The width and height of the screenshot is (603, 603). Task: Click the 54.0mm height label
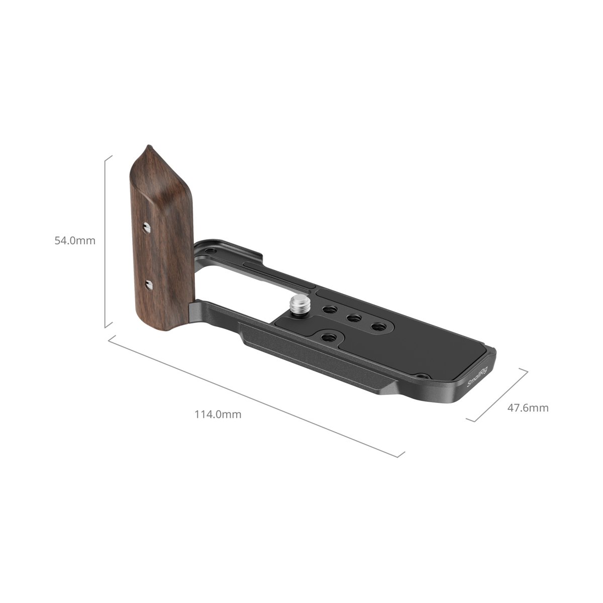[75, 241]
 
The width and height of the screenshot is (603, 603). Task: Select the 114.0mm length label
[218, 414]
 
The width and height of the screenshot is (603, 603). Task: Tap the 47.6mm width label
[528, 408]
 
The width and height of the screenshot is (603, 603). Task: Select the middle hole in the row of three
[353, 318]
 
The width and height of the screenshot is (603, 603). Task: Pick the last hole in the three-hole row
[378, 327]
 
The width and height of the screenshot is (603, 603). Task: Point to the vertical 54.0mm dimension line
[106, 241]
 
